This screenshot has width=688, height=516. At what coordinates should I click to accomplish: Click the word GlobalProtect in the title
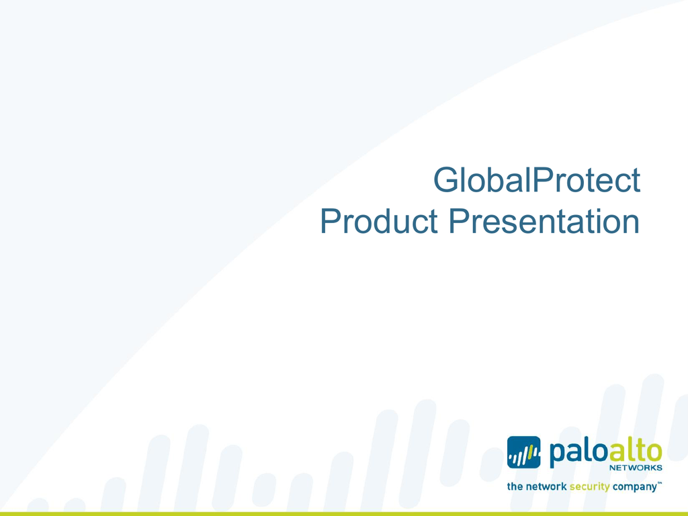(x=537, y=179)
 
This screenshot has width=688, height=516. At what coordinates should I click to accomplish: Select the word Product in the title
(x=379, y=220)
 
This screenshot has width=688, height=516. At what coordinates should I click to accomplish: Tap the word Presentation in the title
(x=544, y=220)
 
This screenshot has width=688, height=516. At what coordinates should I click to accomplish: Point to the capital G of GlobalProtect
(x=446, y=179)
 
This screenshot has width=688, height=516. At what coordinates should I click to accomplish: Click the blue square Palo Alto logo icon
(x=524, y=452)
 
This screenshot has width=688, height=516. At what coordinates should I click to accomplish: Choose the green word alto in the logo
(x=634, y=452)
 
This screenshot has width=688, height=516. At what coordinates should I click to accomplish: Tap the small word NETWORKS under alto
(x=636, y=468)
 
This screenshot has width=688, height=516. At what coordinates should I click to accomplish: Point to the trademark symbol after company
(x=660, y=482)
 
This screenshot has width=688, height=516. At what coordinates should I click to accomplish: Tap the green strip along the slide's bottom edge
(x=344, y=514)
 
